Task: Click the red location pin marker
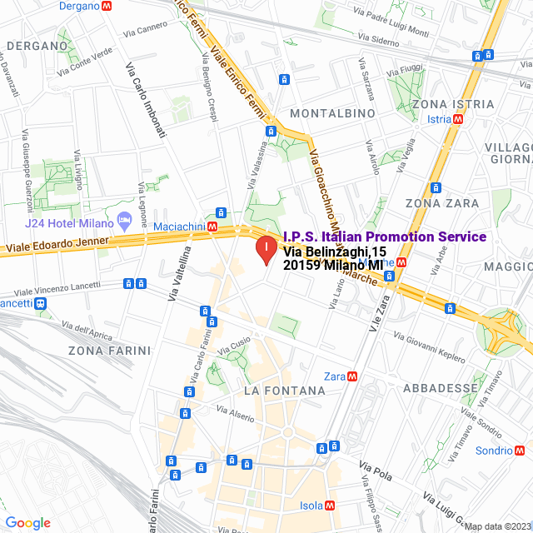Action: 265,250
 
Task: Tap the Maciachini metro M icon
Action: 213,226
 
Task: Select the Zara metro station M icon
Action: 353,376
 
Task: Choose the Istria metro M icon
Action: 457,119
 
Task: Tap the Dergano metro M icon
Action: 106,6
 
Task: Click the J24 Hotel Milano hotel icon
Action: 125,222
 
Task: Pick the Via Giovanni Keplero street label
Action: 429,347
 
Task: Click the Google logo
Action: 27,523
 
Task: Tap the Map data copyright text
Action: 497,526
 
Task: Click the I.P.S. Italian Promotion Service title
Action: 385,237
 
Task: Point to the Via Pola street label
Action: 375,471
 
